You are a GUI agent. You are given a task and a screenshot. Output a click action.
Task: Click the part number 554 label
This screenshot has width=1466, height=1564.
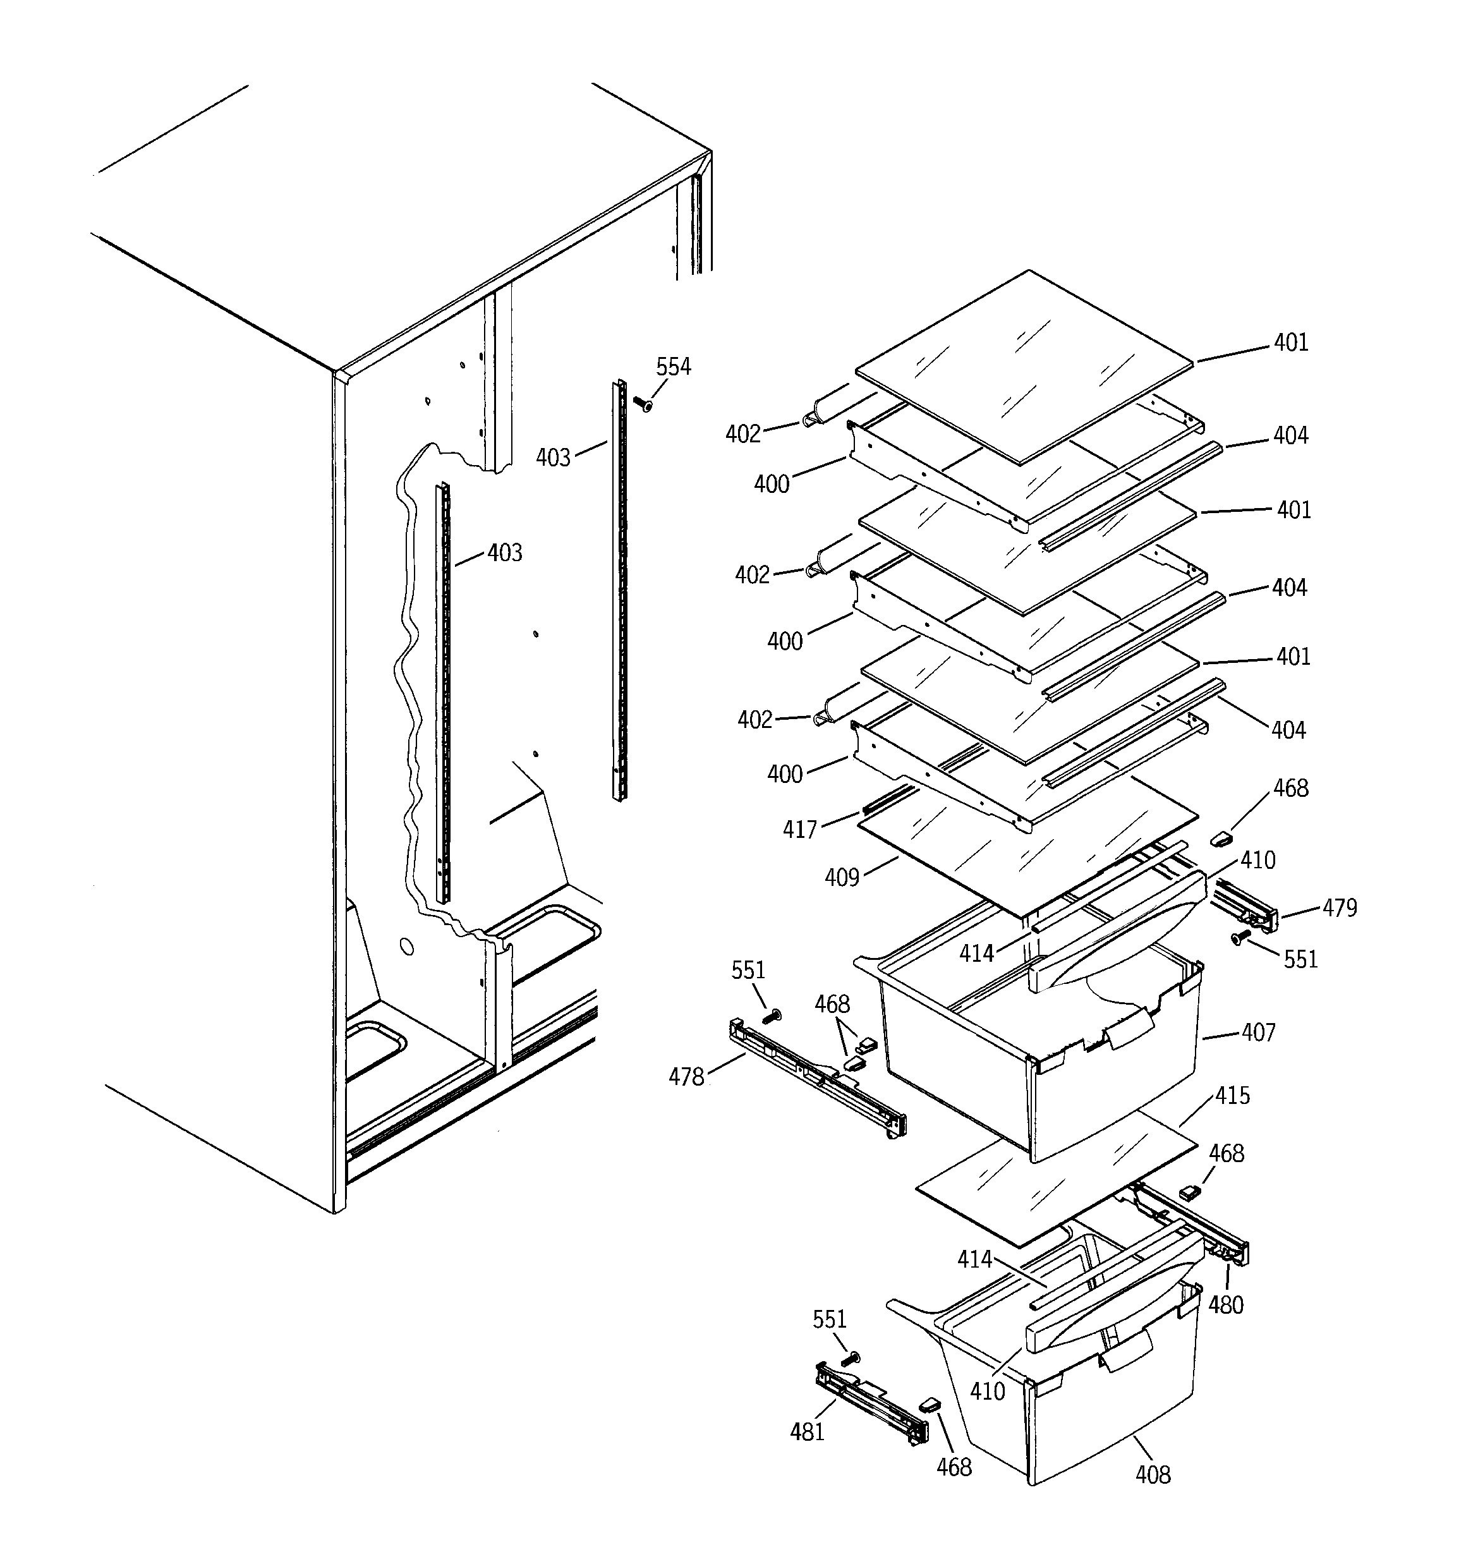(673, 367)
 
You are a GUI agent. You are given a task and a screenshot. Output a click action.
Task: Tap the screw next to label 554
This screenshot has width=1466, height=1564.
(642, 404)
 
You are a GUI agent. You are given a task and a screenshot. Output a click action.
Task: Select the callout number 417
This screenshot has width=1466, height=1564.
(799, 830)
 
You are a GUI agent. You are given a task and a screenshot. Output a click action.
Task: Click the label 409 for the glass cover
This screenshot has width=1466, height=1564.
(841, 877)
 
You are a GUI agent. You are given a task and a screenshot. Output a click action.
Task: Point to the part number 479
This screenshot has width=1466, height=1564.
(1340, 908)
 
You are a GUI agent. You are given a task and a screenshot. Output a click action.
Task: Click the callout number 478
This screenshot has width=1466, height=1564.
(686, 1077)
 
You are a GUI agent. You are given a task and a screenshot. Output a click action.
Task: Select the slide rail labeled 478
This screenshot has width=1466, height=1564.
(818, 1078)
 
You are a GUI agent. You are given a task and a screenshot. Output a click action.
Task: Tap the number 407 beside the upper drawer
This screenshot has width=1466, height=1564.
(1257, 1032)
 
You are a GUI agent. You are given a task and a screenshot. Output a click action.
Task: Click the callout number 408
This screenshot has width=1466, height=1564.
(1152, 1475)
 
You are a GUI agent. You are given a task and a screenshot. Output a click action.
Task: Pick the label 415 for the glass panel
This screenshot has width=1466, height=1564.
(1232, 1095)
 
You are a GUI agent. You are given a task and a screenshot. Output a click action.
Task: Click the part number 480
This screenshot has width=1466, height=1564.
(1225, 1305)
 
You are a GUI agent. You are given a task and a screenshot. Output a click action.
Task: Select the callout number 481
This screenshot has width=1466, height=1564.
(806, 1432)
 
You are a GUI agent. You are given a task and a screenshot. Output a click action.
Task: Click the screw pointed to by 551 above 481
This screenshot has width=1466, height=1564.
(851, 1359)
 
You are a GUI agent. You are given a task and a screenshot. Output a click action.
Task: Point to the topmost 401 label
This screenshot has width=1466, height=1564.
(1290, 343)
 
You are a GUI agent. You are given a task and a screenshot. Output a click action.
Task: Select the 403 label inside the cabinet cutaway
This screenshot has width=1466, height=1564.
(504, 553)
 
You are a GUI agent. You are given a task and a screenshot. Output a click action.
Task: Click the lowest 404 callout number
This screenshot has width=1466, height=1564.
(1288, 730)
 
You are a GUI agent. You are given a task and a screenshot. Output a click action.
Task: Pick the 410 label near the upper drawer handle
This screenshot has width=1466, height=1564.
(1257, 861)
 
